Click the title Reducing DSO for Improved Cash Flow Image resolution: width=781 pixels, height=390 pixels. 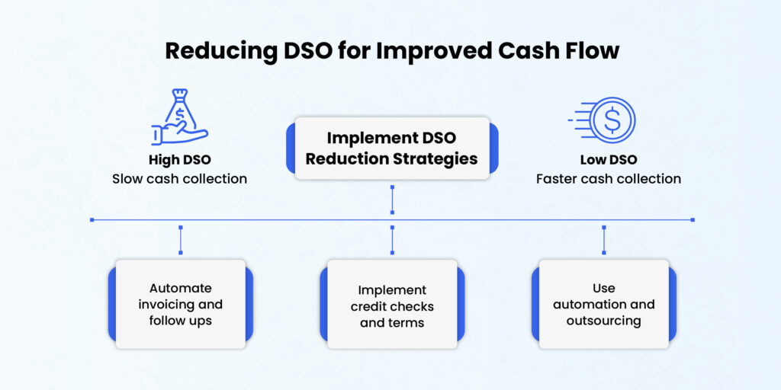[x=392, y=51]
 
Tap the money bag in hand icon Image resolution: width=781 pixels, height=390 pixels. [x=179, y=118]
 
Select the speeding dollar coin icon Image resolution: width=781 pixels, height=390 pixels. [x=607, y=120]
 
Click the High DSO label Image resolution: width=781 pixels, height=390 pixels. [x=179, y=161]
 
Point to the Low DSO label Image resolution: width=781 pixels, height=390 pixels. [x=608, y=161]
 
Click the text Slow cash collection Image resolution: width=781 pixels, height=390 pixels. [x=179, y=179]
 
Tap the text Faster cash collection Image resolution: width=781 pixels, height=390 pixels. [x=608, y=179]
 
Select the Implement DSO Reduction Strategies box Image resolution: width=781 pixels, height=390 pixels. [x=392, y=148]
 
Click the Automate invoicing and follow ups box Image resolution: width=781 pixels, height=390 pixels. [x=181, y=304]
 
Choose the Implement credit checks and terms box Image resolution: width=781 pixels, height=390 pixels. [x=392, y=305]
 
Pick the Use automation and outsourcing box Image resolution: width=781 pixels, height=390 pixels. [x=603, y=304]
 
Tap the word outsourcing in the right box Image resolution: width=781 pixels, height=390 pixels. [x=603, y=321]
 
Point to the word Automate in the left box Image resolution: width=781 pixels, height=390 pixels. [x=181, y=288]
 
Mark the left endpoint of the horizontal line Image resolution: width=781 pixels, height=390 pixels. [x=92, y=220]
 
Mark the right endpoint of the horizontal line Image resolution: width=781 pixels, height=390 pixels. [x=693, y=220]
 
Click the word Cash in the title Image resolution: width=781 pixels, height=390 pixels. [x=545, y=51]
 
